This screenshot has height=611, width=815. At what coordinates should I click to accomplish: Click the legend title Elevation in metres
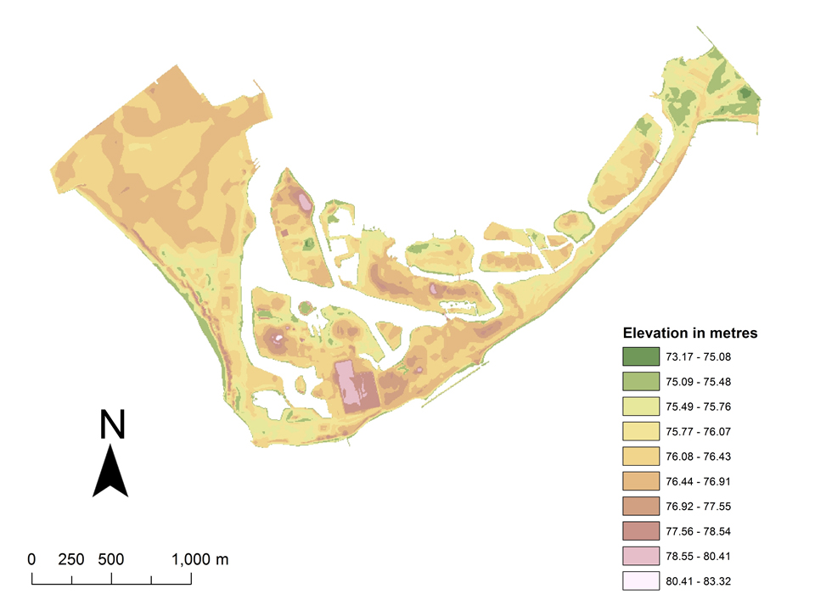click(689, 333)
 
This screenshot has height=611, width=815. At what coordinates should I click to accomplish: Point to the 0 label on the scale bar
click(32, 560)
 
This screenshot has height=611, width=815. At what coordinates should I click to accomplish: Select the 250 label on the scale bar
click(71, 560)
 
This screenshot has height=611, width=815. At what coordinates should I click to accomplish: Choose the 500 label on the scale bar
click(111, 560)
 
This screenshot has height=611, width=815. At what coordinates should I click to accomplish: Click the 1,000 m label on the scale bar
click(200, 560)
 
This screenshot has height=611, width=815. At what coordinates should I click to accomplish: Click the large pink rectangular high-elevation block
click(357, 388)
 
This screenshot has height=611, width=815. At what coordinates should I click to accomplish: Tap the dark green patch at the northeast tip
click(748, 94)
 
